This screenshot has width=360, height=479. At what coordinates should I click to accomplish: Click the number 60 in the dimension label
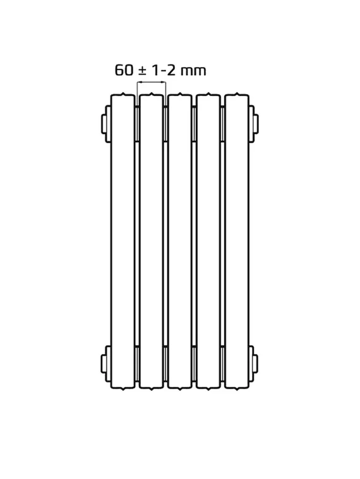coord(124,70)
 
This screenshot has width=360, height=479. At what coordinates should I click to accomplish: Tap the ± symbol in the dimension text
coord(142,71)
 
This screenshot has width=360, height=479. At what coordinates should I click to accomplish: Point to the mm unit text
coord(193,71)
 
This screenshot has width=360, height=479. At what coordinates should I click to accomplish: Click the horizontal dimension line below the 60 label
coord(151,82)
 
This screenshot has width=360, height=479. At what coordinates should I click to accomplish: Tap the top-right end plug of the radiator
coord(254,124)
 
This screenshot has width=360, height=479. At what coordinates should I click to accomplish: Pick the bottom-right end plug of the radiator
coord(254,364)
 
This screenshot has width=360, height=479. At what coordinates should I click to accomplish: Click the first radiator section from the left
coord(123,241)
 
